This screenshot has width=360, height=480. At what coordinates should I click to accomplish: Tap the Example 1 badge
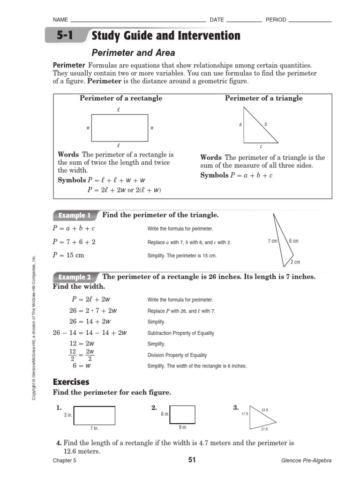[75, 216]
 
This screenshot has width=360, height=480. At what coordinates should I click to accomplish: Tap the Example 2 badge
[75, 277]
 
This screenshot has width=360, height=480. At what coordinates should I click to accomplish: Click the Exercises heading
[71, 382]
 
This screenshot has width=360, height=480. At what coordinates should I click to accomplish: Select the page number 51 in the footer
[191, 460]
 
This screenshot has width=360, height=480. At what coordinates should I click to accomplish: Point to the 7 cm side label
[272, 241]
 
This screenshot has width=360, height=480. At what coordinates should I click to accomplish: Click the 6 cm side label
[293, 241]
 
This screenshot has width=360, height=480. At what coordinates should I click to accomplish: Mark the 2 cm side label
[295, 262]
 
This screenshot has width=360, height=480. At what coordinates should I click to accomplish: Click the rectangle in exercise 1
[94, 415]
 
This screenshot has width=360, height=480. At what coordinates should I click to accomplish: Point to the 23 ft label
[265, 410]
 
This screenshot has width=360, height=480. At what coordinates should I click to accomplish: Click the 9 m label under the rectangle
[182, 427]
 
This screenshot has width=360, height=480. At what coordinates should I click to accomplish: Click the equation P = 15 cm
[69, 255]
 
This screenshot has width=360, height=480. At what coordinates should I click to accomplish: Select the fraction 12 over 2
[73, 355]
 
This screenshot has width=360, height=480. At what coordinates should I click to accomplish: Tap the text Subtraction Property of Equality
[180, 333]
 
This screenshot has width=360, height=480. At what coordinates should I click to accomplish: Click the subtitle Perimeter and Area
[133, 53]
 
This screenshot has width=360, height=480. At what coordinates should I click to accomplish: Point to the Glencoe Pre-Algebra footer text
[306, 461]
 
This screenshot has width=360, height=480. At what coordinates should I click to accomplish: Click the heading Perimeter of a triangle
[263, 98]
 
